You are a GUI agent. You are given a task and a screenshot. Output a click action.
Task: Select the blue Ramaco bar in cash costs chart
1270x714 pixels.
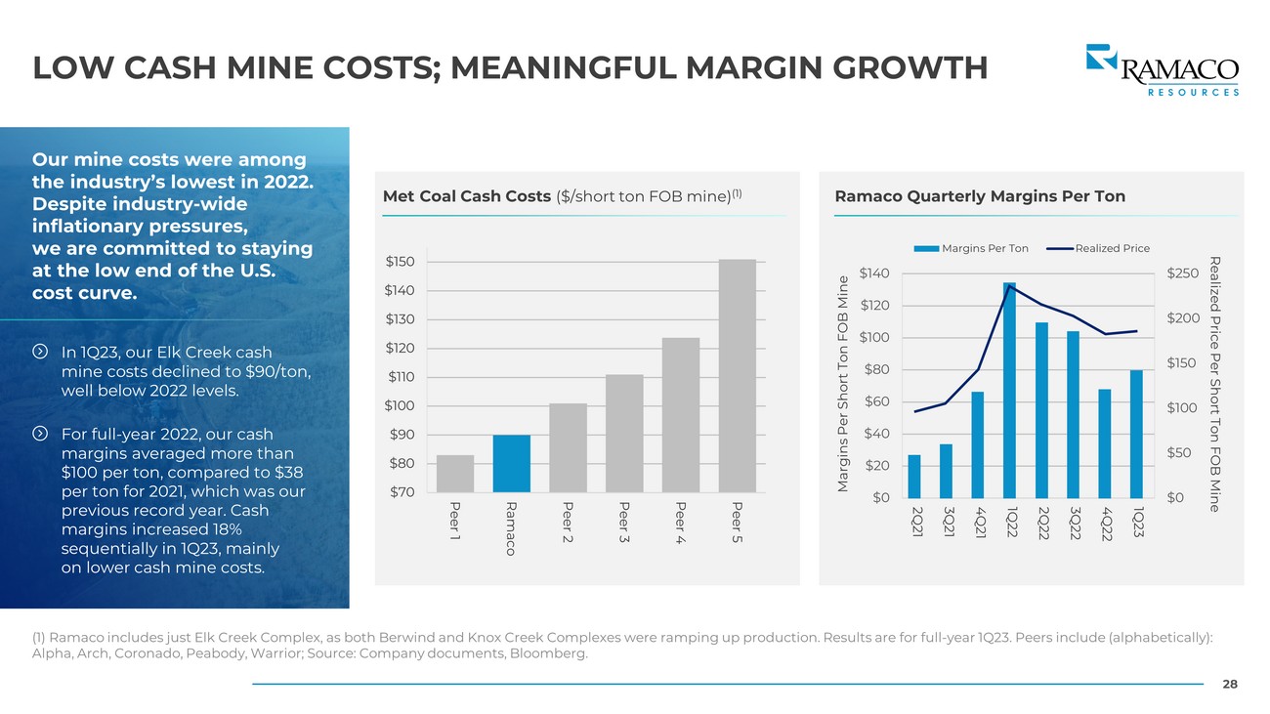pos(512,464)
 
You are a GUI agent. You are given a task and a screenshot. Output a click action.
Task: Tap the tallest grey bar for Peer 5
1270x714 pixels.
pos(738,376)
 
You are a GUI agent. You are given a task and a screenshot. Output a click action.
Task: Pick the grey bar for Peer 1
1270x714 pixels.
pos(455,474)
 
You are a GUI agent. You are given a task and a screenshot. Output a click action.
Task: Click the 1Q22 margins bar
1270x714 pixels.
pos(1009,391)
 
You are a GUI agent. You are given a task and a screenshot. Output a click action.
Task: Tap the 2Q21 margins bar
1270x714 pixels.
pos(914,476)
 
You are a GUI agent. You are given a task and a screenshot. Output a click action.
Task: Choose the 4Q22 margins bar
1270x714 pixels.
pos(1105,443)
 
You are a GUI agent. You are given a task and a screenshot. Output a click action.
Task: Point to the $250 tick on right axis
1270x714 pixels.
pos(1182,273)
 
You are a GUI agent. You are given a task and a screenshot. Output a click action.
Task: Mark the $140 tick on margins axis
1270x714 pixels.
pos(875,273)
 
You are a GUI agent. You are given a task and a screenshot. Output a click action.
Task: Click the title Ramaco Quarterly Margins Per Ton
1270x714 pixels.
pos(980,196)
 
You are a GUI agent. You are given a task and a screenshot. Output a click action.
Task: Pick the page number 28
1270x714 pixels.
pos(1230,685)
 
